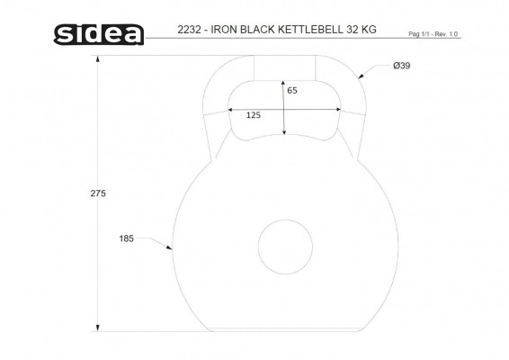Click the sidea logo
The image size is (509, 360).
(x=99, y=34)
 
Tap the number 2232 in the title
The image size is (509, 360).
(x=189, y=30)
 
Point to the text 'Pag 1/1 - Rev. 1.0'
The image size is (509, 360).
(x=433, y=34)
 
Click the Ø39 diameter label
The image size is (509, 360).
(x=402, y=66)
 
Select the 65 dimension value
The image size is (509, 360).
(x=292, y=91)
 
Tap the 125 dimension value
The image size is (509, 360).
(x=254, y=115)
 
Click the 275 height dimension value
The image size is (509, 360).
(x=98, y=193)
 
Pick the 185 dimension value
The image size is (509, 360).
(x=126, y=238)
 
